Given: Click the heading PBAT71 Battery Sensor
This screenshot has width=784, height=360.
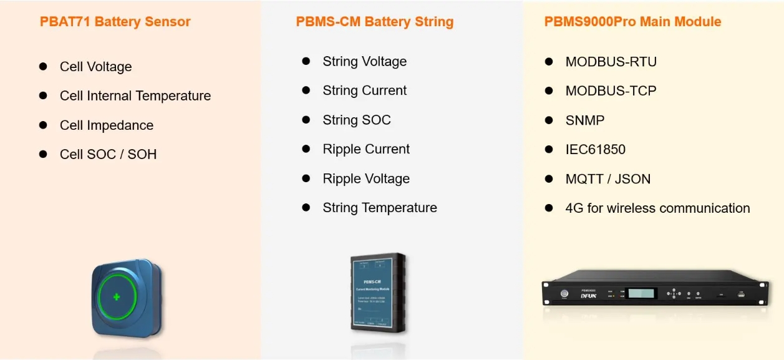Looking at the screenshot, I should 115,22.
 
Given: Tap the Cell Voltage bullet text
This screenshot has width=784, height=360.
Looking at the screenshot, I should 95,67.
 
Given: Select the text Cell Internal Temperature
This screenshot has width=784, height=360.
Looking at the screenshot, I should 135,96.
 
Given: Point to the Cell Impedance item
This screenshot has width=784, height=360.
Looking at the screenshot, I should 106,125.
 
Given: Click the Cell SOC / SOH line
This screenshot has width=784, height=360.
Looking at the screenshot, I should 108,154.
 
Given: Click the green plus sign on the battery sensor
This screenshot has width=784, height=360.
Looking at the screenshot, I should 117,297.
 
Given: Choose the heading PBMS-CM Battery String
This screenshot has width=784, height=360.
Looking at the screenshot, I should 374,22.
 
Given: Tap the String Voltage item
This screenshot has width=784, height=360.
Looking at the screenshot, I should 364,61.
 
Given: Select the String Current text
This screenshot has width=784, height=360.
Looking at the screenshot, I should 364,90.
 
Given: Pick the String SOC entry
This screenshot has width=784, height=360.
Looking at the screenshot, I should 356,120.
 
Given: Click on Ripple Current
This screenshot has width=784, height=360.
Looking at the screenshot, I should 366,149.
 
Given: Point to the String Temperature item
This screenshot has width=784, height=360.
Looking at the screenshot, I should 379,208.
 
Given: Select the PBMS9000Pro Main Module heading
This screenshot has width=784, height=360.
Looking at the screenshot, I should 632,22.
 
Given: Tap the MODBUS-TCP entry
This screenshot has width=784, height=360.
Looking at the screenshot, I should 611,91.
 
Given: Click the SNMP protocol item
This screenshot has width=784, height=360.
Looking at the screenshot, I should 584,120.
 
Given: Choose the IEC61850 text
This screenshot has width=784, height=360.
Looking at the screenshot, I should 595,150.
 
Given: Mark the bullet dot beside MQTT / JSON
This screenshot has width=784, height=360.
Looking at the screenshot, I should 549,178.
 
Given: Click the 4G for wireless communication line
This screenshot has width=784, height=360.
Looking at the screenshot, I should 657,208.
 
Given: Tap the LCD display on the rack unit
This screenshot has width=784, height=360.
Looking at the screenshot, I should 641,293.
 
